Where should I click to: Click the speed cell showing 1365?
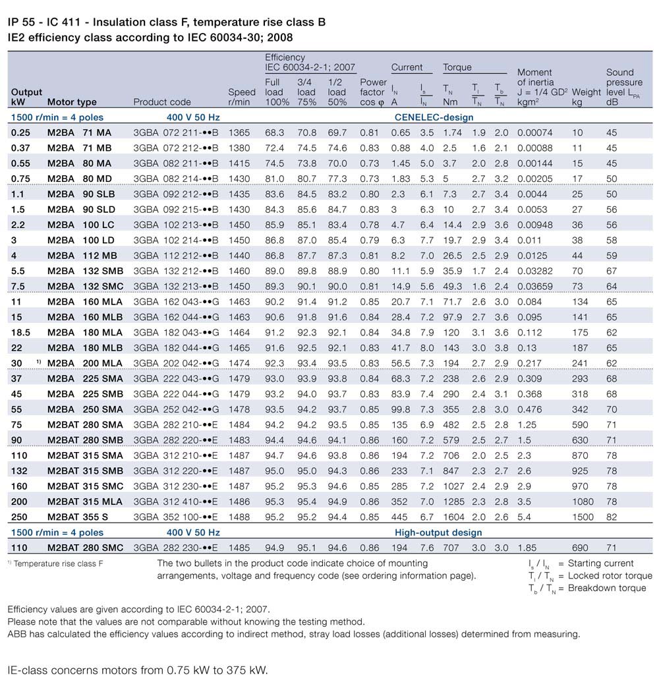pyautogui.click(x=239, y=133)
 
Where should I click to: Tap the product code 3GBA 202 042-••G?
pyautogui.click(x=175, y=363)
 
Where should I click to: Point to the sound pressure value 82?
pyautogui.click(x=612, y=517)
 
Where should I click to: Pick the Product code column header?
pyautogui.click(x=162, y=102)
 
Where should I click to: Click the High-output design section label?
pyautogui.click(x=438, y=532)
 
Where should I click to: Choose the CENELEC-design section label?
pyautogui.click(x=434, y=117)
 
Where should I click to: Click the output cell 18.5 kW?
pyautogui.click(x=21, y=332)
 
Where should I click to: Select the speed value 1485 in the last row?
pyautogui.click(x=239, y=548)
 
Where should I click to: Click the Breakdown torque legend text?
pyautogui.click(x=606, y=588)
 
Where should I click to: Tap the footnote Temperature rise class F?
pyautogui.click(x=58, y=564)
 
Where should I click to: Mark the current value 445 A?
pyautogui.click(x=400, y=517)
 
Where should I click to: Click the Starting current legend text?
pyautogui.click(x=600, y=563)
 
